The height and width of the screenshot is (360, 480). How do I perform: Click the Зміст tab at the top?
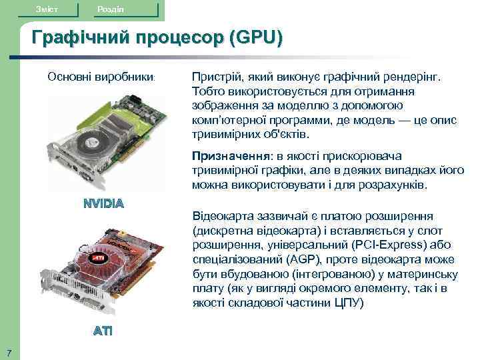coord(47,7)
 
